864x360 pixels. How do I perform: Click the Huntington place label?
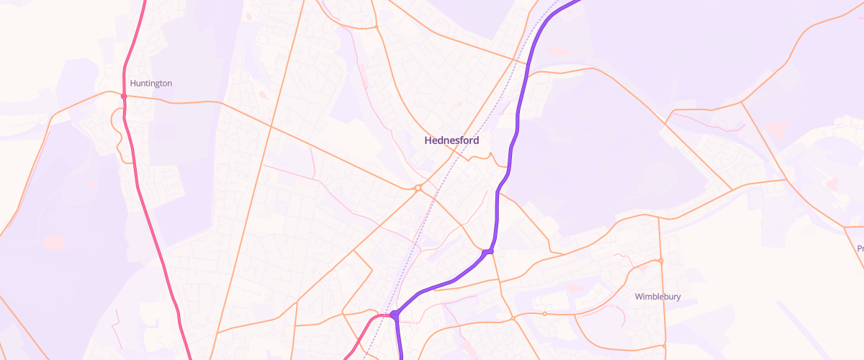pos(150,84)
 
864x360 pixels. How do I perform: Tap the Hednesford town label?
pos(451,140)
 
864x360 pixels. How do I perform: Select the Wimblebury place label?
pos(657,297)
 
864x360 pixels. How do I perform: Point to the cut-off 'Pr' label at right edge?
pos(860,248)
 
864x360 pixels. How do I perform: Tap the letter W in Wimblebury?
pos(639,297)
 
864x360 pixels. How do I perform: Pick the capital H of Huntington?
pos(132,84)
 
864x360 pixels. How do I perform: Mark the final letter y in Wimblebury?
pos(678,297)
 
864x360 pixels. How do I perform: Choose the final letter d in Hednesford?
pos(475,140)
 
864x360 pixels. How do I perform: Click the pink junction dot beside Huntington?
pos(124,96)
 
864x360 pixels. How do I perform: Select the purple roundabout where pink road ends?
pos(394,315)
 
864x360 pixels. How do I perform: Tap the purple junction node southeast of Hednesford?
pos(489,251)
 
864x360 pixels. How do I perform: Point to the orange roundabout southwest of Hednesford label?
pos(418,188)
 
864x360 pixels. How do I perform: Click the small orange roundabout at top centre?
pos(376,27)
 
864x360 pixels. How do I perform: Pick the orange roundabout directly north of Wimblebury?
pos(660,261)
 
